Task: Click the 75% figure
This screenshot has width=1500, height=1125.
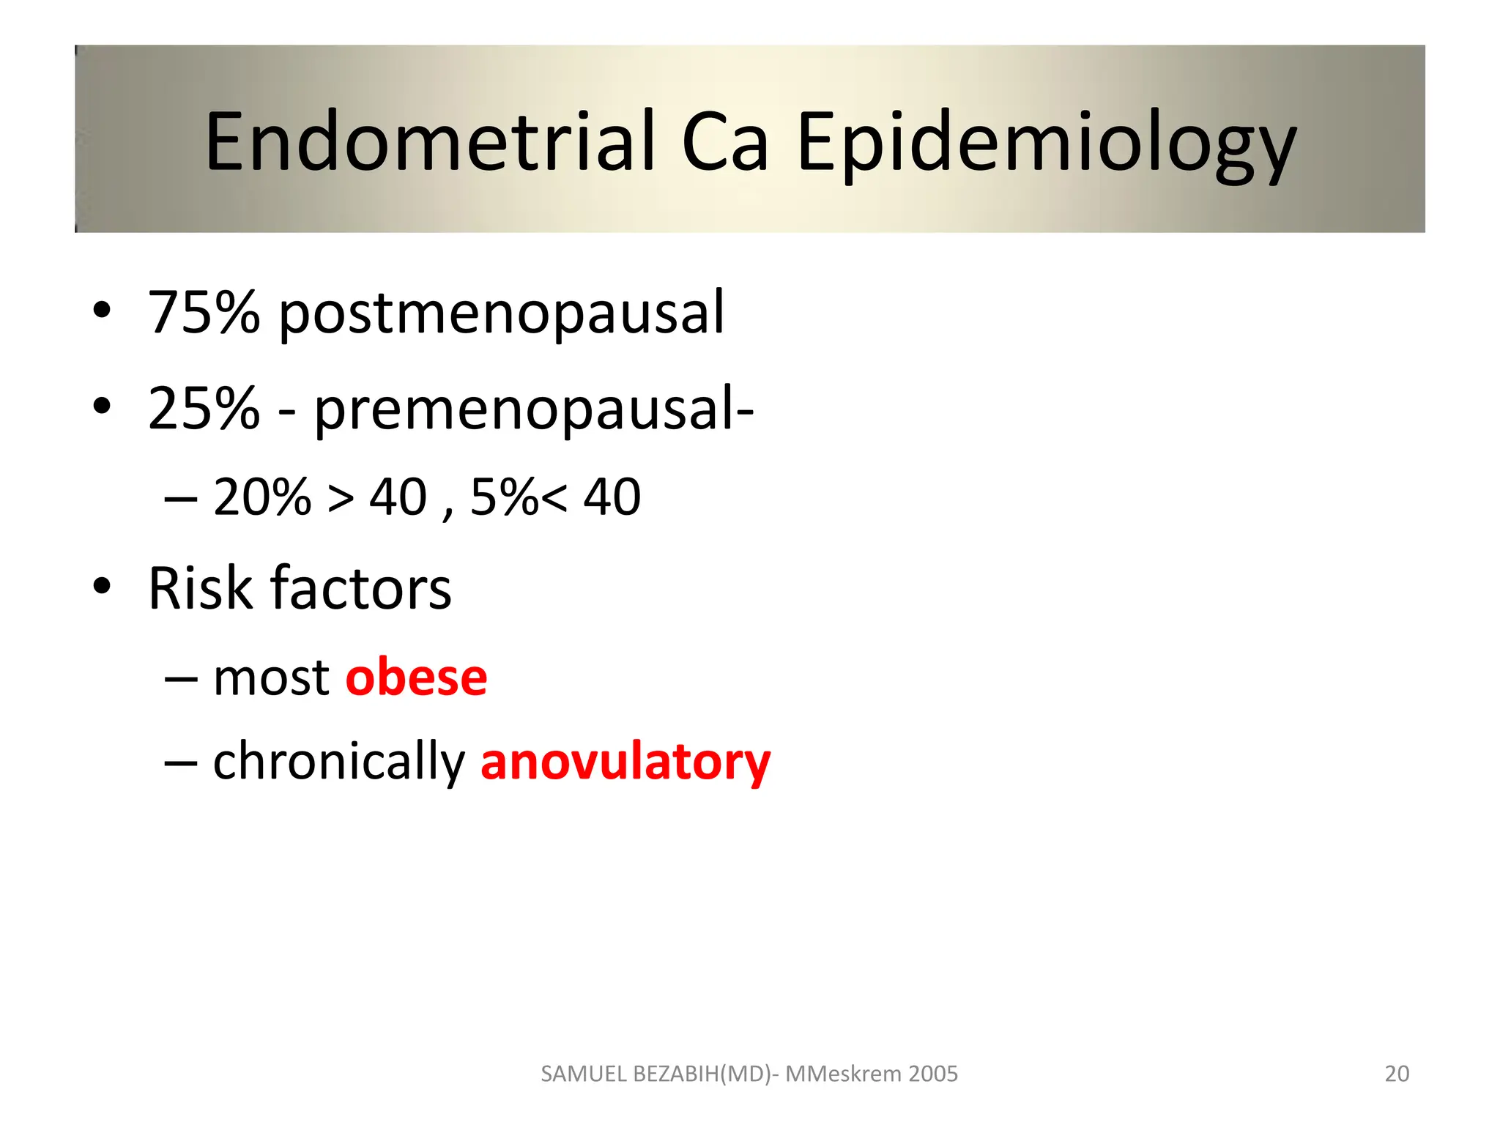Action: coord(204,313)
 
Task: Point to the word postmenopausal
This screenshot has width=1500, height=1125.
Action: coord(502,313)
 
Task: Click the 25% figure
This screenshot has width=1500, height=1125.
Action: coord(204,409)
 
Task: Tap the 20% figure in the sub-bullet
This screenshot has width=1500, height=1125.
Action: coord(262,497)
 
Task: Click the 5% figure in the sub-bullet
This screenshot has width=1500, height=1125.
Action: coord(504,497)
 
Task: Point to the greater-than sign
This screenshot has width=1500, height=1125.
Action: coord(341,499)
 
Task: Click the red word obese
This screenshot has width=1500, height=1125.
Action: coord(416,677)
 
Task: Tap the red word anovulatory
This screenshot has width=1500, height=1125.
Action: coord(625,762)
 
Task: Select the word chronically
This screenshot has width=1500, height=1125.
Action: coord(338,762)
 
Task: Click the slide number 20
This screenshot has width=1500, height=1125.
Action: coord(1397,1074)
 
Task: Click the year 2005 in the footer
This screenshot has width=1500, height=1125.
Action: coord(932,1074)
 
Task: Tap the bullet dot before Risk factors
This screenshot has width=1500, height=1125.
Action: coord(102,587)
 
